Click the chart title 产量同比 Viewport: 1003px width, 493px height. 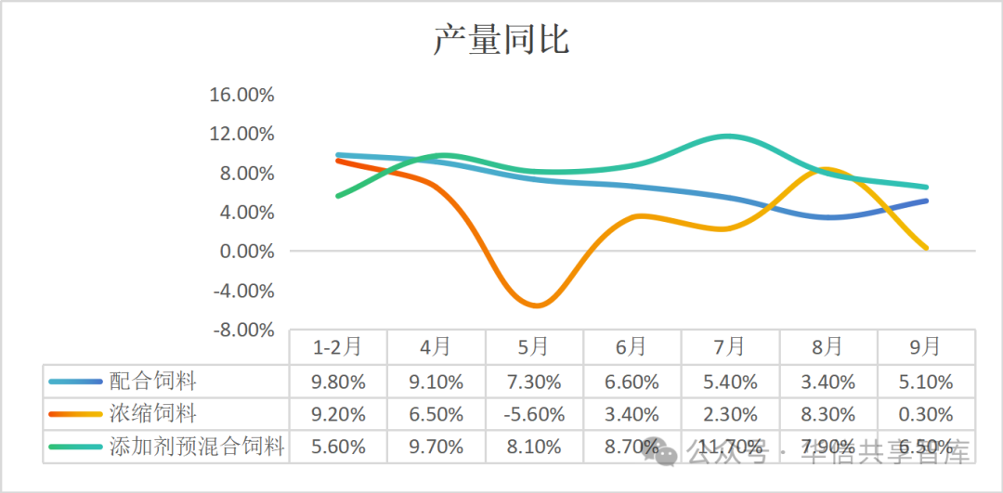[501, 41]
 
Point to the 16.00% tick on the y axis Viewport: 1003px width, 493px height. [242, 95]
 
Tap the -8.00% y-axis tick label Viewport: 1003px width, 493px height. [242, 330]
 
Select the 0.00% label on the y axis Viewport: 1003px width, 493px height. [246, 252]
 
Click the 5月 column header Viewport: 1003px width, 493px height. [534, 347]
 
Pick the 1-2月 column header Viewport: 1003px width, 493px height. [337, 347]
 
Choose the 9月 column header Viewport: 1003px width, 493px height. [925, 347]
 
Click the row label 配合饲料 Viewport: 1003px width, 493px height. [153, 381]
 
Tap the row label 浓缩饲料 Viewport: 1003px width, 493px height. [153, 413]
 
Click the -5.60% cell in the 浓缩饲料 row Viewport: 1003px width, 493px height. [534, 414]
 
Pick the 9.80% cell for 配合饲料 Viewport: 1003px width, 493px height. [337, 382]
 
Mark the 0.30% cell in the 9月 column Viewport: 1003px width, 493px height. [926, 414]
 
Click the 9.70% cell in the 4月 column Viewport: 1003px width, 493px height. [436, 447]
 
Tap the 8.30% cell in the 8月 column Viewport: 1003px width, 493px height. [827, 414]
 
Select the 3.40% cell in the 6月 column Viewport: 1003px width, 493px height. [632, 414]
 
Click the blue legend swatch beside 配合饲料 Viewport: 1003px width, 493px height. [74, 381]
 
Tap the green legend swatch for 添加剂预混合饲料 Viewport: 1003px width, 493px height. [74, 447]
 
